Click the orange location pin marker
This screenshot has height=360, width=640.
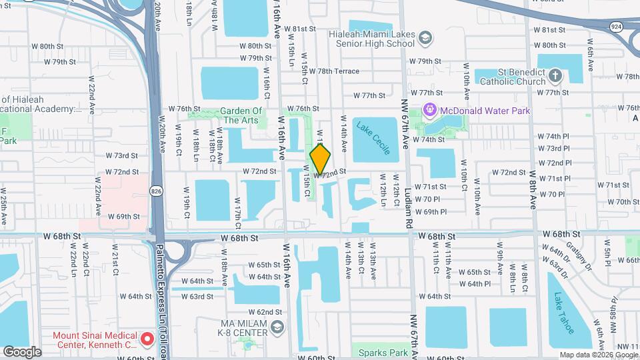point(321,159)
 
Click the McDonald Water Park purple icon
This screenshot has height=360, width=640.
point(429,109)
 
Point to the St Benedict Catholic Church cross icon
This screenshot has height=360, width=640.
point(557,77)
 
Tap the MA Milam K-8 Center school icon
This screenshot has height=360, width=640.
point(278,327)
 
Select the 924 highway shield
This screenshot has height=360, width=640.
point(615,26)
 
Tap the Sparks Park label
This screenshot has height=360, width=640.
point(383,352)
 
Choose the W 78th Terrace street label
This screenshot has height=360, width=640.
point(333,71)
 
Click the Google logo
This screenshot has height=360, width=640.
point(22,351)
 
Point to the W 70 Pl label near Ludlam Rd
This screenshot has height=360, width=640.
point(427,199)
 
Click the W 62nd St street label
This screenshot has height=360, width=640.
point(257,312)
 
